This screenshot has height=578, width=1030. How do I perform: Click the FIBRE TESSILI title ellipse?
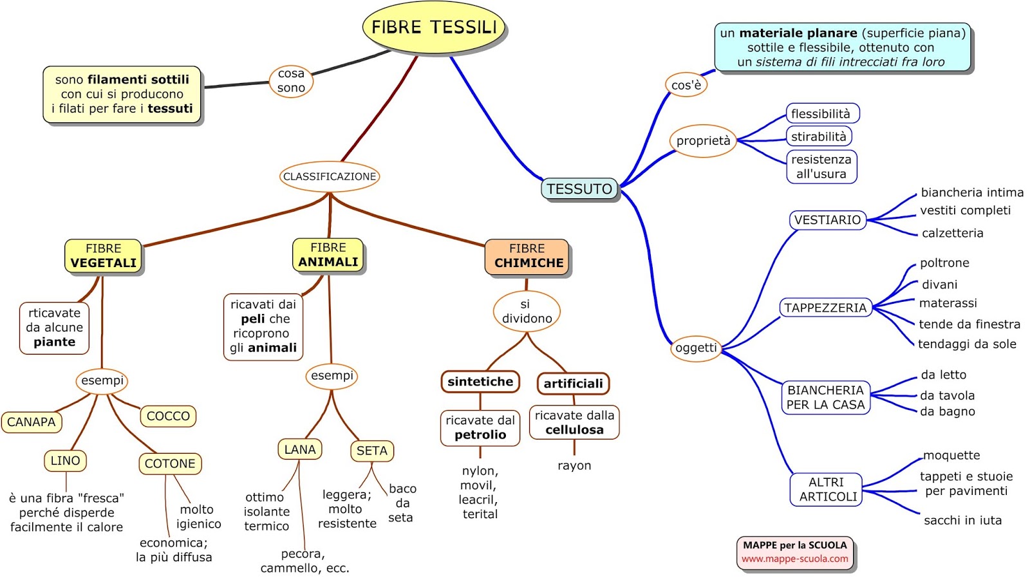click(434, 27)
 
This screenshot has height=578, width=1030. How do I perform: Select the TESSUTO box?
click(579, 189)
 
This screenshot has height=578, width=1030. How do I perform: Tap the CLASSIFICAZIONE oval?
click(330, 176)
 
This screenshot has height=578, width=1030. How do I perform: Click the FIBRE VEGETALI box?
click(103, 256)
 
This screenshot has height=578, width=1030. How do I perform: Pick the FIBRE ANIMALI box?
click(328, 255)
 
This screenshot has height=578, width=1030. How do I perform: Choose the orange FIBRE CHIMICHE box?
click(527, 256)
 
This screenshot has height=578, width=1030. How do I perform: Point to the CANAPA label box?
click(32, 422)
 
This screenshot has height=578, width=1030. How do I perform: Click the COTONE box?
click(170, 463)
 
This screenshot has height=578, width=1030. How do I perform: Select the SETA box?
click(372, 451)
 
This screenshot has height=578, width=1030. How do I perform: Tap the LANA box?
click(300, 449)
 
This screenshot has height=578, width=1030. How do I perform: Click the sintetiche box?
click(480, 382)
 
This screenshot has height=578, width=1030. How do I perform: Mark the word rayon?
click(574, 465)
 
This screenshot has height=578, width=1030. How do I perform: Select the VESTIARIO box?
click(827, 220)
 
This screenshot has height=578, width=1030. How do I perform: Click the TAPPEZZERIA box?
click(825, 308)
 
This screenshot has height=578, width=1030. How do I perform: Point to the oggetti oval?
click(696, 348)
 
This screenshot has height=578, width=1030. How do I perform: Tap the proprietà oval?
click(703, 141)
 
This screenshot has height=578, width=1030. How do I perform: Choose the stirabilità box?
click(819, 136)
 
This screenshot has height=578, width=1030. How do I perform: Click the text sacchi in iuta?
click(962, 520)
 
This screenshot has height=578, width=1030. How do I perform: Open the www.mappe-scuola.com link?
click(795, 559)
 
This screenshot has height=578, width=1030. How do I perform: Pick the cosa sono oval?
click(291, 81)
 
